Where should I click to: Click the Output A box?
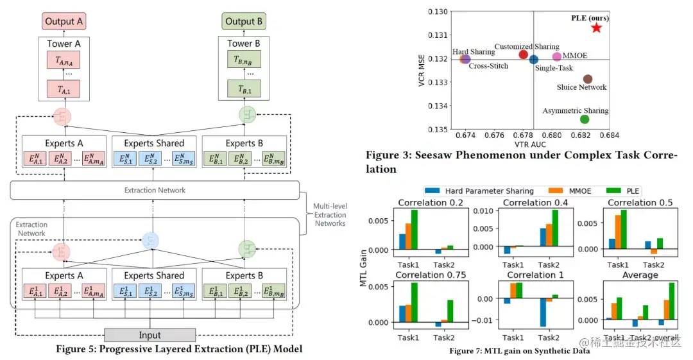click(64, 21)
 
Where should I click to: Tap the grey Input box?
click(150, 335)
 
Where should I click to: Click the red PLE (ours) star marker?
click(597, 27)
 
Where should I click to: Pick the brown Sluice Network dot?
click(587, 79)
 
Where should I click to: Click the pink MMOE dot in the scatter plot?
click(556, 57)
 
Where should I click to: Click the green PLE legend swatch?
click(612, 191)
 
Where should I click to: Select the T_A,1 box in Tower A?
click(64, 89)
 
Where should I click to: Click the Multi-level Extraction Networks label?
click(330, 214)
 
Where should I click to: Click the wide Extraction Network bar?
click(155, 190)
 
